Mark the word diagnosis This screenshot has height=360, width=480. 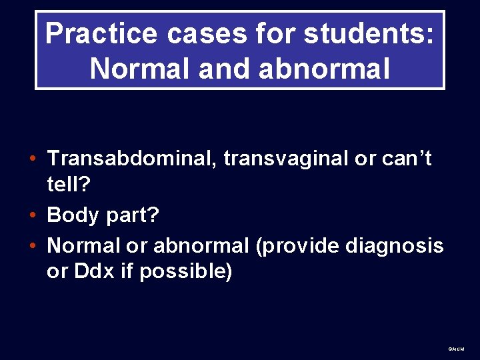394,246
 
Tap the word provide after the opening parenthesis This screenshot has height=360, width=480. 299,246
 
